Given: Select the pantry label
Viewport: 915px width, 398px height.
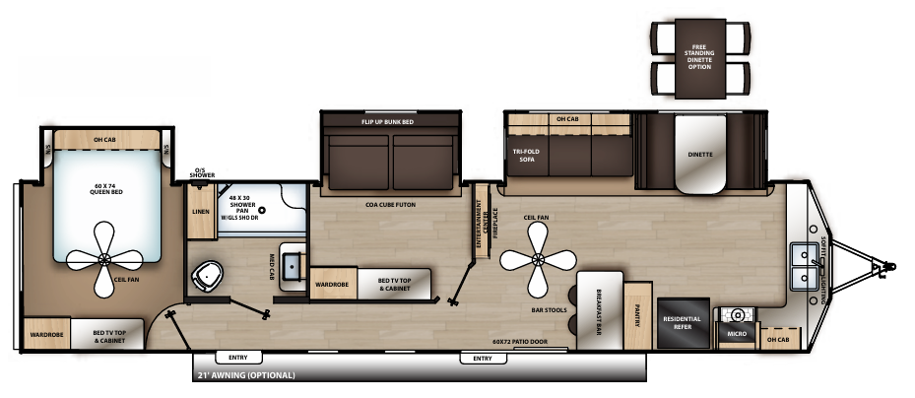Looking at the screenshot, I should click(637, 313).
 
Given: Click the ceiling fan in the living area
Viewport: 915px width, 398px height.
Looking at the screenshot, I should click(537, 259).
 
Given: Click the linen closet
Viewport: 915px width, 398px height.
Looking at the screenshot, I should click(201, 211).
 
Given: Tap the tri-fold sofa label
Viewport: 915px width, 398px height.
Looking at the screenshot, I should click(522, 155).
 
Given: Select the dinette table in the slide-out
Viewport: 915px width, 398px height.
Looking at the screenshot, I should click(700, 157).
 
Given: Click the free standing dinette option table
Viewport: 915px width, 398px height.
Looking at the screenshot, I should click(698, 60).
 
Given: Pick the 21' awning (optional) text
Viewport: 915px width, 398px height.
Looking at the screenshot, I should click(246, 375).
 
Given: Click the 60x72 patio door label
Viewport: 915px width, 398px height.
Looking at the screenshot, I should click(520, 343).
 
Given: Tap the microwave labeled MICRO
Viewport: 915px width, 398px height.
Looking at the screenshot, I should click(737, 333).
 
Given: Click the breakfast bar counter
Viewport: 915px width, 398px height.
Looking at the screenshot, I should click(597, 310).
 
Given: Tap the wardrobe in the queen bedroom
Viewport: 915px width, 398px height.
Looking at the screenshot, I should click(46, 333).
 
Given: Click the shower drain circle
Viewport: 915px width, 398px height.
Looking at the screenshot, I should click(262, 210).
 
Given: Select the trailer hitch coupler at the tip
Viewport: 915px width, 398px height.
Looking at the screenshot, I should click(890, 265).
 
